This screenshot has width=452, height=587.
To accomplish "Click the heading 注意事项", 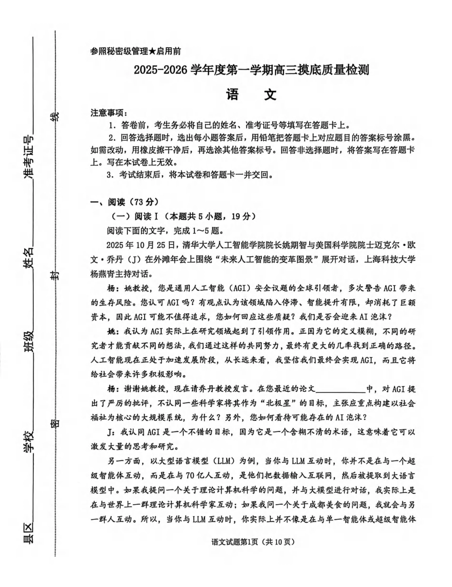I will pyautogui.click(x=108, y=113).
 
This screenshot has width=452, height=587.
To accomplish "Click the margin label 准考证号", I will pyautogui.click(x=29, y=158).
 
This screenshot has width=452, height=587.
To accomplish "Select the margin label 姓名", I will pyautogui.click(x=29, y=257).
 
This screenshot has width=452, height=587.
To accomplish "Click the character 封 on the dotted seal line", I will pyautogui.click(x=55, y=277).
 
